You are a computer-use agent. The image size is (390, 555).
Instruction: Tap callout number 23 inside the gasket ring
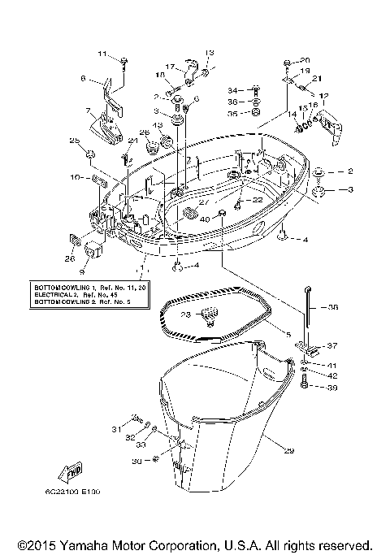coord(185,314)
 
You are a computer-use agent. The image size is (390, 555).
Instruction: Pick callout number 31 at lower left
coord(116,428)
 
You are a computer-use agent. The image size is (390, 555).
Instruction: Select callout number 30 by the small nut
coord(134,461)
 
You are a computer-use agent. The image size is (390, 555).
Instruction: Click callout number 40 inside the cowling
coord(205,219)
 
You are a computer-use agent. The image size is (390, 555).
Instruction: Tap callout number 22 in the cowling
coord(257,199)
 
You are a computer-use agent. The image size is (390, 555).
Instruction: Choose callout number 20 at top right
coord(305,61)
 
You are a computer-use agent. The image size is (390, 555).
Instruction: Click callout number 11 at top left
coord(103,54)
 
